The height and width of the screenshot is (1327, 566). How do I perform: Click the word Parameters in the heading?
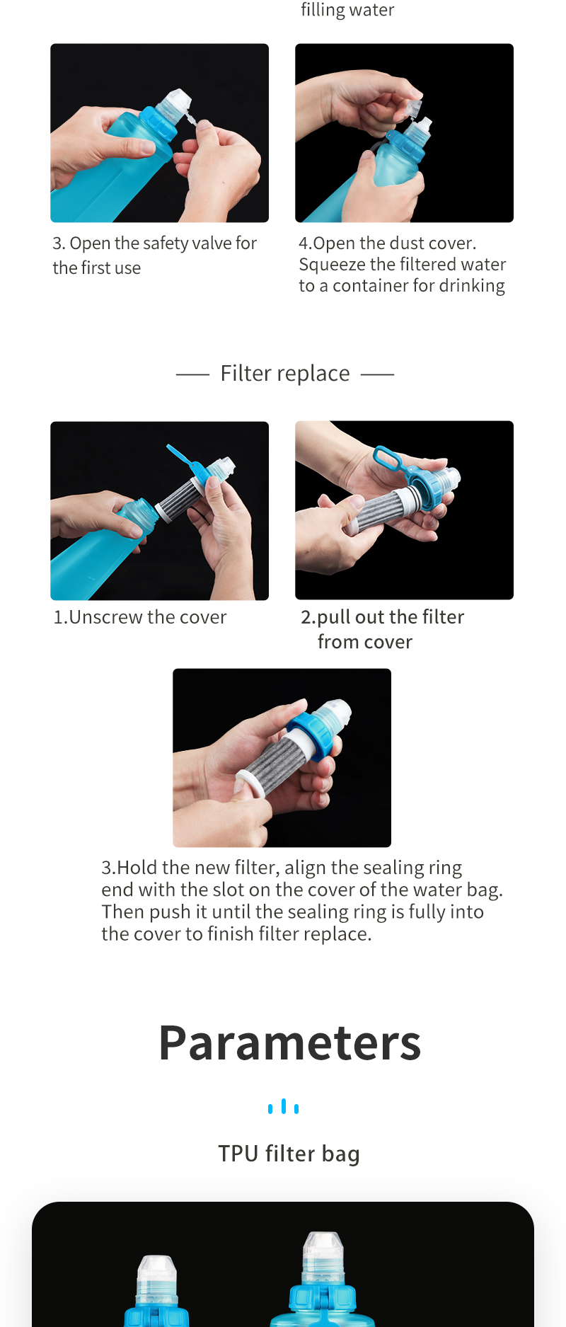[x=289, y=1042]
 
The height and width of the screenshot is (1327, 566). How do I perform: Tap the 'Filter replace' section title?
[x=285, y=373]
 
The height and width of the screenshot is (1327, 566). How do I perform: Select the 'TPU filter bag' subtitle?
[x=289, y=1154]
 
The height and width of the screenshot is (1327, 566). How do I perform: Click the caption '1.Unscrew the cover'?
[x=140, y=617]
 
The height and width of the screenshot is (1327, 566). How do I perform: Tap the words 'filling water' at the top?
[x=347, y=10]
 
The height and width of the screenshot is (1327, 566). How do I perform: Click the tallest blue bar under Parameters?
[x=284, y=1105]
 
